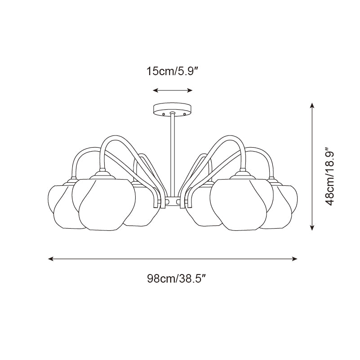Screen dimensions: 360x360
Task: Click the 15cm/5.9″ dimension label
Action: click(x=173, y=71)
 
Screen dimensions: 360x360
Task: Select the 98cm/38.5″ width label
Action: click(x=176, y=279)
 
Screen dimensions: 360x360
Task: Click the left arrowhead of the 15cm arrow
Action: click(x=156, y=90)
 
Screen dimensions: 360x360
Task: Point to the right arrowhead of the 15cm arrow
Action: click(x=190, y=90)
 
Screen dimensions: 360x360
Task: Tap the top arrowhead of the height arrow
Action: click(x=312, y=105)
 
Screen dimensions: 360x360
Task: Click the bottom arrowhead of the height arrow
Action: click(x=312, y=228)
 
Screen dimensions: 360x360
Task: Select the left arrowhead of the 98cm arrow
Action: click(x=51, y=259)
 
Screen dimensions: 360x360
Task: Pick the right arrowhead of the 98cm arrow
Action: click(x=294, y=259)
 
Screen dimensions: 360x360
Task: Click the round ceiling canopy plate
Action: click(x=173, y=109)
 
